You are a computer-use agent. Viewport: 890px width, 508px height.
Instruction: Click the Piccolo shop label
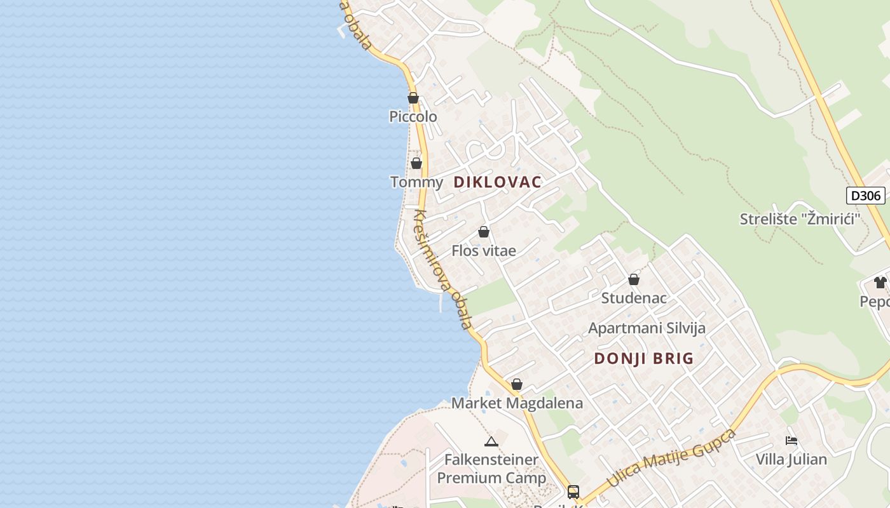tap(413, 117)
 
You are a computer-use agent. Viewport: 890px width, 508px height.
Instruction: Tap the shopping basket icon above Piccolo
tap(413, 98)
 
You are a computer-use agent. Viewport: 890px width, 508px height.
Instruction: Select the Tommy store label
tap(416, 182)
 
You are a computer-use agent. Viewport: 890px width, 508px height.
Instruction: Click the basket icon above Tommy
tap(416, 163)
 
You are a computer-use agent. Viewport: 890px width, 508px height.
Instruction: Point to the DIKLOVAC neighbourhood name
tap(497, 182)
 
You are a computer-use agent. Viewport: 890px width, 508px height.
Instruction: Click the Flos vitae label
tap(484, 251)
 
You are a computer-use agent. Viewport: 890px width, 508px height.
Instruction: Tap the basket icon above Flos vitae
tap(484, 232)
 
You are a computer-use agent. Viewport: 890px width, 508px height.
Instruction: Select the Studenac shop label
tap(634, 298)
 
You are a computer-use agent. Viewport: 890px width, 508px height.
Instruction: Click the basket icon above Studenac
tap(634, 279)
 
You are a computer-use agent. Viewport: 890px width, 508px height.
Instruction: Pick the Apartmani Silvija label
tap(647, 328)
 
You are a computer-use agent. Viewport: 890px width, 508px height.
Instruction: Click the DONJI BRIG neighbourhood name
tap(643, 359)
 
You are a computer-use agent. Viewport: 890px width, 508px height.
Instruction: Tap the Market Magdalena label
tap(517, 403)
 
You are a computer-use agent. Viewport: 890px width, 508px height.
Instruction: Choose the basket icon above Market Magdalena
tap(517, 384)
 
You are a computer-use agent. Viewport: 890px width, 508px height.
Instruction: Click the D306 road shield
tap(865, 196)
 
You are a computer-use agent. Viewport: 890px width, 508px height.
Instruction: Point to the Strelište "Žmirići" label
tap(800, 219)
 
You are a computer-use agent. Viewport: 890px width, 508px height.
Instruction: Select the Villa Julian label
tap(791, 459)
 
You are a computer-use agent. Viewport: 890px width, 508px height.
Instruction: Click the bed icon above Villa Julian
tap(791, 440)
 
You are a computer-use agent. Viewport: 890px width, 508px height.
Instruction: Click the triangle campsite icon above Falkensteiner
tap(491, 441)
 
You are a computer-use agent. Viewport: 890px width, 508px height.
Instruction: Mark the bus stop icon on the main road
tap(573, 491)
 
